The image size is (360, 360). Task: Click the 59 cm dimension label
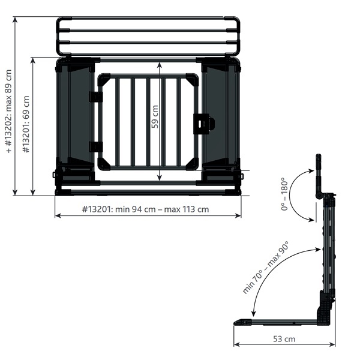(x=155, y=116)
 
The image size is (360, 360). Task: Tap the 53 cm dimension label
(x=284, y=339)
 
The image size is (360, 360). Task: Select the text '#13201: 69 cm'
(x=26, y=124)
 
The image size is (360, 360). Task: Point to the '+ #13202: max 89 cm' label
(x=8, y=111)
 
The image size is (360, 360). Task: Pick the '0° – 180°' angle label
(x=284, y=194)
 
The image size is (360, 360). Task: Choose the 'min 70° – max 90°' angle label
(x=265, y=268)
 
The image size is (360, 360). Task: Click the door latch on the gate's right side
(x=204, y=124)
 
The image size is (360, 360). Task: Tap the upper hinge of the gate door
(x=96, y=97)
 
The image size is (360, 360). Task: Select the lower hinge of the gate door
(x=96, y=147)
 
